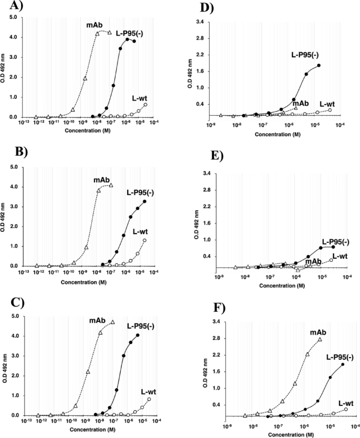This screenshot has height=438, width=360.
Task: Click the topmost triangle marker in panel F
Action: point(320,339)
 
